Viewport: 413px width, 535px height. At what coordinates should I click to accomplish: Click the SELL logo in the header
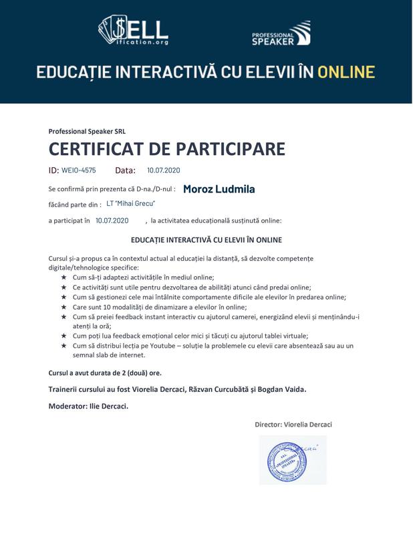click(133, 31)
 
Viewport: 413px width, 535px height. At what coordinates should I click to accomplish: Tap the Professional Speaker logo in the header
click(281, 33)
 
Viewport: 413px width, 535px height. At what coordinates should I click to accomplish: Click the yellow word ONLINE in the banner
click(346, 72)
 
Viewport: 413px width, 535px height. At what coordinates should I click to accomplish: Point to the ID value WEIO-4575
click(78, 171)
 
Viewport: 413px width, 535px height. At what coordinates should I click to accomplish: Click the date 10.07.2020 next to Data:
click(164, 171)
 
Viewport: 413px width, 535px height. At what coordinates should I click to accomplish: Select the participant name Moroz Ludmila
click(219, 189)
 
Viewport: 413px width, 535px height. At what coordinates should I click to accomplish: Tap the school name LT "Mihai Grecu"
click(130, 204)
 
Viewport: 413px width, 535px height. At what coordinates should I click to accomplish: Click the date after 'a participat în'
click(112, 220)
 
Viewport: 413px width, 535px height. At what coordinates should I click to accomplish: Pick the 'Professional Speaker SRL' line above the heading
click(87, 132)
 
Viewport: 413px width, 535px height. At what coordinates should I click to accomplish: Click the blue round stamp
click(292, 459)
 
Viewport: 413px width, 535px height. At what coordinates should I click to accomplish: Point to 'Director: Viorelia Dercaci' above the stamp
click(293, 425)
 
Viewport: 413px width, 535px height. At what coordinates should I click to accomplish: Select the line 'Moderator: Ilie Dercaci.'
click(89, 406)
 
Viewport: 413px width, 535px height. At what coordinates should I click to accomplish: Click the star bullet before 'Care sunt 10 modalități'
click(63, 307)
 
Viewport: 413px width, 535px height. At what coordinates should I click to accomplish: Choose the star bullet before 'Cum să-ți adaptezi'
click(63, 277)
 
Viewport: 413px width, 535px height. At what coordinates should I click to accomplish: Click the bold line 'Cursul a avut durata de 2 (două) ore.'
click(105, 372)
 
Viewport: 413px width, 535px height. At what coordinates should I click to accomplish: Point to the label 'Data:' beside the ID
click(125, 171)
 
